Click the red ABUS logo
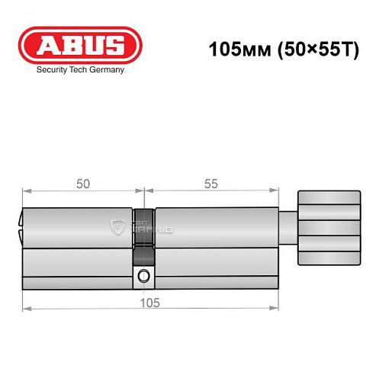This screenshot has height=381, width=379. pyautogui.click(x=79, y=45)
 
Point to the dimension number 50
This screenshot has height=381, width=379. pyautogui.click(x=82, y=184)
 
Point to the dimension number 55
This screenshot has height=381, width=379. pyautogui.click(x=211, y=184)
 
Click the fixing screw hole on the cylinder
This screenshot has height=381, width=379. pyautogui.click(x=143, y=276)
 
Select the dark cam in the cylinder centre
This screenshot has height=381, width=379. pyautogui.click(x=143, y=229)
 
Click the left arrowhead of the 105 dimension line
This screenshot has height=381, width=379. pyautogui.click(x=25, y=309)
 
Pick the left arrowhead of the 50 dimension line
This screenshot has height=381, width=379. pyautogui.click(x=25, y=190)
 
